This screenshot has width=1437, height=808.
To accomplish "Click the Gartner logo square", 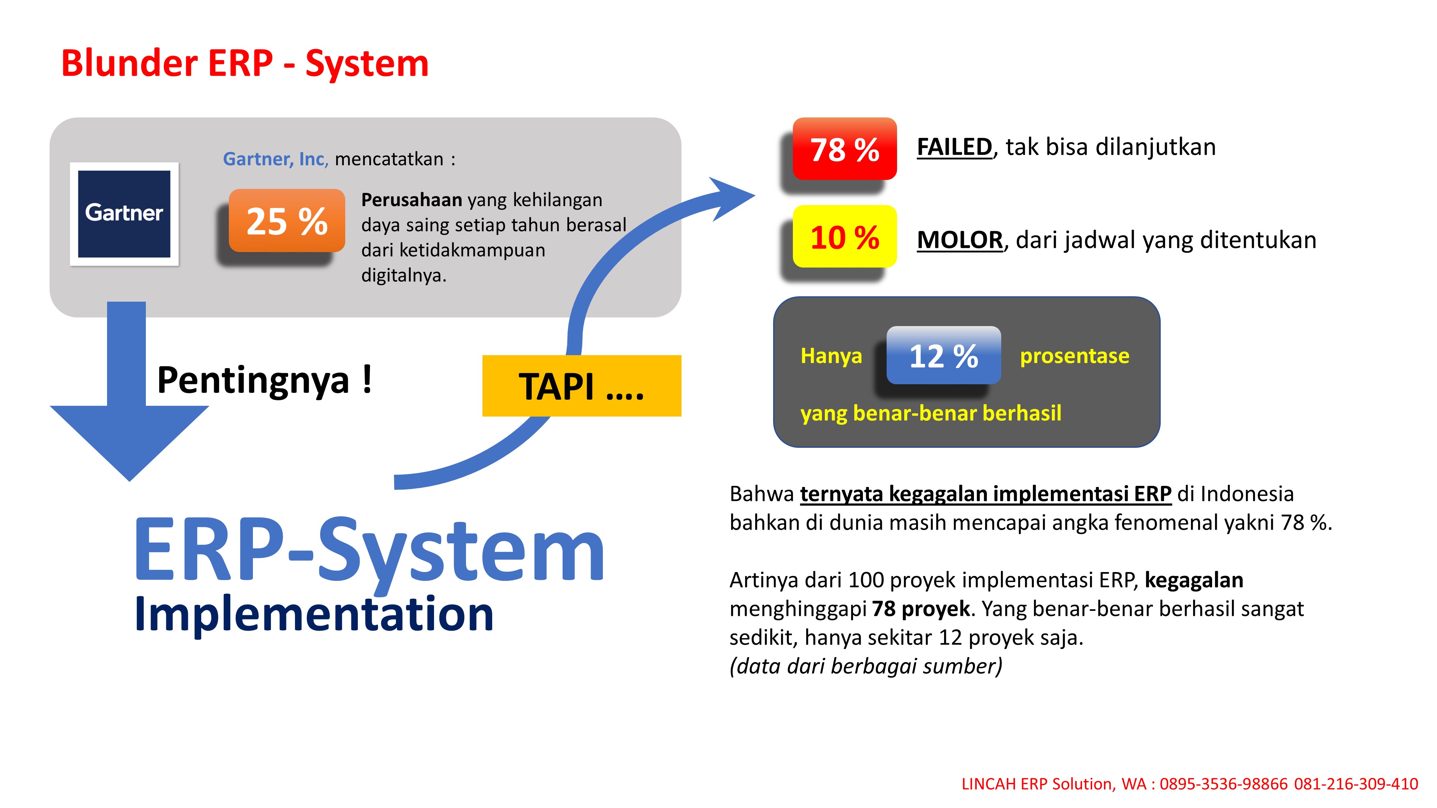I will [124, 214].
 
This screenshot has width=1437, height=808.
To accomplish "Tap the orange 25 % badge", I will [287, 221].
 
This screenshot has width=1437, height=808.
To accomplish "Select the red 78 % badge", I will [844, 149].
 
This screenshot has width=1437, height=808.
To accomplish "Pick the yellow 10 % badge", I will [844, 236].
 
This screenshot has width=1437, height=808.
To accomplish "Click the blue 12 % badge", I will [943, 355].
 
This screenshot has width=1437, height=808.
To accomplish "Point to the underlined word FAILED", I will [954, 147].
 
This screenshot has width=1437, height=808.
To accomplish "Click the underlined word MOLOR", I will [960, 240].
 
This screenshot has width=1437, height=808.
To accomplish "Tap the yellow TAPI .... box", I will [581, 386].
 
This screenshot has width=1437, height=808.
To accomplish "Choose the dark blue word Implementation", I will [314, 614].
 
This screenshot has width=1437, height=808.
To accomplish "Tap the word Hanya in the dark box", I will [831, 356].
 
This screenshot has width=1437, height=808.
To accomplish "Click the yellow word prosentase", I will [1074, 356].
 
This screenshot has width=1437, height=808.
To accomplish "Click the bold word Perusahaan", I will [411, 200].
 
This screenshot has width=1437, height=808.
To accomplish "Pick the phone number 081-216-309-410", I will [1355, 784].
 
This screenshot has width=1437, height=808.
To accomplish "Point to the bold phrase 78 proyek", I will [920, 609].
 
